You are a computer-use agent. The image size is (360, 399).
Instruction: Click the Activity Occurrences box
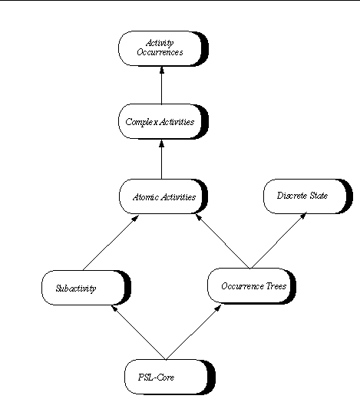pyautogui.click(x=163, y=48)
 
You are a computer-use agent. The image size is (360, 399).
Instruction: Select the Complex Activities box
pyautogui.click(x=163, y=121)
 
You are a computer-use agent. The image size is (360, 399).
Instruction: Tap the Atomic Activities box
pyautogui.click(x=163, y=196)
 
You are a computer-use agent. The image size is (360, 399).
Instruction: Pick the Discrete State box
pyautogui.click(x=308, y=196)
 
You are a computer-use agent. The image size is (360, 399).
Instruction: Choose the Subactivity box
pyautogui.click(x=86, y=288)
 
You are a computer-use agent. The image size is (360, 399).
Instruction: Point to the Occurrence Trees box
pyautogui.click(x=252, y=286)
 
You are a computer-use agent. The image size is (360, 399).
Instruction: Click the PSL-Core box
pyautogui.click(x=170, y=377)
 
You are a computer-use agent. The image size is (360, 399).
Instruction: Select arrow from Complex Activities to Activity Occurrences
pyautogui.click(x=161, y=85)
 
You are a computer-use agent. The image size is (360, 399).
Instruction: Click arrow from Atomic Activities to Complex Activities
pyautogui.click(x=161, y=160)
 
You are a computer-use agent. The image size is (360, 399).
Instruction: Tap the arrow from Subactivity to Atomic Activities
pyautogui.click(x=111, y=242)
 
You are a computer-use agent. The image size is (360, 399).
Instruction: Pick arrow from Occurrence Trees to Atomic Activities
pyautogui.click(x=223, y=242)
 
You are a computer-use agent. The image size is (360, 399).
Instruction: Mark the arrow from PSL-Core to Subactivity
pyautogui.click(x=139, y=332)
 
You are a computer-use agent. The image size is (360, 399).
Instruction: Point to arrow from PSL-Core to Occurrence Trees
pyautogui.click(x=193, y=332)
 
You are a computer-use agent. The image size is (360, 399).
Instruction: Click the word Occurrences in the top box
pyautogui.click(x=160, y=52)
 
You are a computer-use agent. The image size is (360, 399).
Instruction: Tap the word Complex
pyautogui.click(x=142, y=122)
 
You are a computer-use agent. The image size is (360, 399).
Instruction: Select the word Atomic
pyautogui.click(x=146, y=197)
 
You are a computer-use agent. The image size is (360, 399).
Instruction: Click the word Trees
pyautogui.click(x=276, y=286)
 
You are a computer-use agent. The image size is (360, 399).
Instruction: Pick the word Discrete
pyautogui.click(x=292, y=196)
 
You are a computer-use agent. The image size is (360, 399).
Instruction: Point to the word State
pyautogui.click(x=319, y=196)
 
